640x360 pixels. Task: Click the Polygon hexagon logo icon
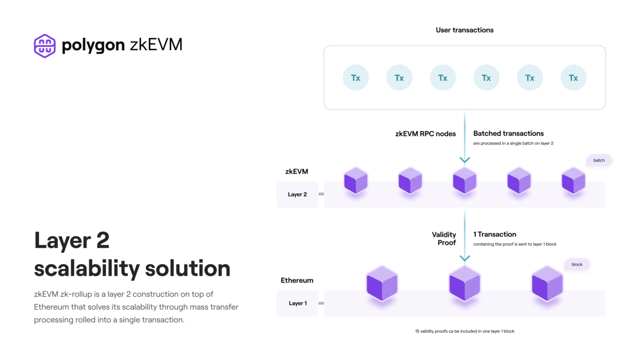coord(45,46)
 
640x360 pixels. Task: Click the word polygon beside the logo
coord(93,46)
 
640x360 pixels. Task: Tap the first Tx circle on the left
coord(355,78)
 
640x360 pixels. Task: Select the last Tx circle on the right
coord(573,78)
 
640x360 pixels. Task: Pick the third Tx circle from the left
coord(443,78)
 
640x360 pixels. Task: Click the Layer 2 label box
coord(297,194)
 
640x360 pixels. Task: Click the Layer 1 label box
coord(297,303)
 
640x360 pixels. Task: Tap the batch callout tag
coord(599,160)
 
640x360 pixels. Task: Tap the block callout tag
coord(577,265)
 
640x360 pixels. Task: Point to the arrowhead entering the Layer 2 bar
coord(465,160)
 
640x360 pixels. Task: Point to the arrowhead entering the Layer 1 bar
coord(465,258)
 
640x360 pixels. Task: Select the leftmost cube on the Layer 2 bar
coord(356,180)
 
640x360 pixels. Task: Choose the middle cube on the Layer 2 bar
coord(465,180)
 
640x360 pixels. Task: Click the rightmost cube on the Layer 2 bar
coord(574,180)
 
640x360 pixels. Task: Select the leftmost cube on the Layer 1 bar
coord(382,283)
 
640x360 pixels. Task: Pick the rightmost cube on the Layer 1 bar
coord(547,283)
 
